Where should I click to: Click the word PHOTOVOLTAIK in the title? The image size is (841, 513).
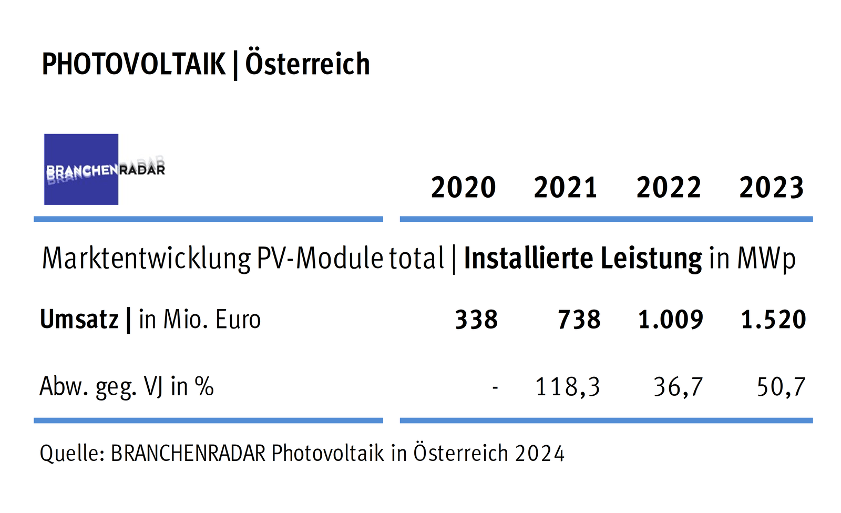[x=134, y=64]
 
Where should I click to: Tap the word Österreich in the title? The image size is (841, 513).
[x=307, y=64]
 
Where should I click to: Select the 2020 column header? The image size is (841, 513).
[x=463, y=188]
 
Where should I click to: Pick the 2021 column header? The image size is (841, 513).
[x=566, y=188]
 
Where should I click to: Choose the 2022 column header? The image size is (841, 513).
[x=669, y=188]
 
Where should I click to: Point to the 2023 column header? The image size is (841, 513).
[x=771, y=188]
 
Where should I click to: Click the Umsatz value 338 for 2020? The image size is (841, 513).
[x=476, y=320]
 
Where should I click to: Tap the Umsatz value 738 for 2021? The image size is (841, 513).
[x=579, y=320]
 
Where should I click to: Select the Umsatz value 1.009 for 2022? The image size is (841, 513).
[x=671, y=320]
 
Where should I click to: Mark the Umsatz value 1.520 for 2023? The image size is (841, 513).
[x=773, y=320]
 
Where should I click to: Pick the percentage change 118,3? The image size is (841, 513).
[x=567, y=387]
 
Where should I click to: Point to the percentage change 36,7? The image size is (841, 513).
[x=678, y=387]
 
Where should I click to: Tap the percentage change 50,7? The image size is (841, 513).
[x=781, y=387]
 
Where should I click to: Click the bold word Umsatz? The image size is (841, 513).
[x=79, y=320]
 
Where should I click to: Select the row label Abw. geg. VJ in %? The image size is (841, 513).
[x=127, y=387]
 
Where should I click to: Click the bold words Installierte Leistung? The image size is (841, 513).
[x=582, y=259]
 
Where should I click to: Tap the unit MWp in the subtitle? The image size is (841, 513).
[x=766, y=259]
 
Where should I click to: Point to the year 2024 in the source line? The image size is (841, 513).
[x=540, y=453]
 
